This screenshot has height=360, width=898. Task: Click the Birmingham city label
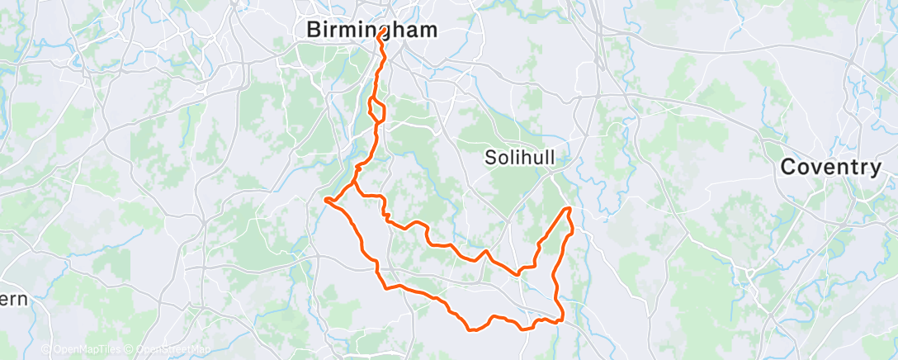[x=371, y=30]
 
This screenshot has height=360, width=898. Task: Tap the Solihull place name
[x=519, y=158]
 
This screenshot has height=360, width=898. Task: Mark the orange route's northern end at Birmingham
[x=380, y=34]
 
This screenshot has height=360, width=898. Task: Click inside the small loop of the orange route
[x=376, y=111]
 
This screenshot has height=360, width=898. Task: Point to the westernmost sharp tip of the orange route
[x=327, y=199]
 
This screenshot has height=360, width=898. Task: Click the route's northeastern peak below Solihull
[x=569, y=209]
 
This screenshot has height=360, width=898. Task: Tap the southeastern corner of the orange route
[x=561, y=320]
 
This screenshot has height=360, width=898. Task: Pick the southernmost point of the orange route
[x=472, y=330]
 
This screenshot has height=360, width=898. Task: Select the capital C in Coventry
[x=787, y=167]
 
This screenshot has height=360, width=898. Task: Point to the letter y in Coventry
[x=875, y=169]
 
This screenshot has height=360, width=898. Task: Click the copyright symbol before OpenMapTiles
[x=46, y=350]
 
